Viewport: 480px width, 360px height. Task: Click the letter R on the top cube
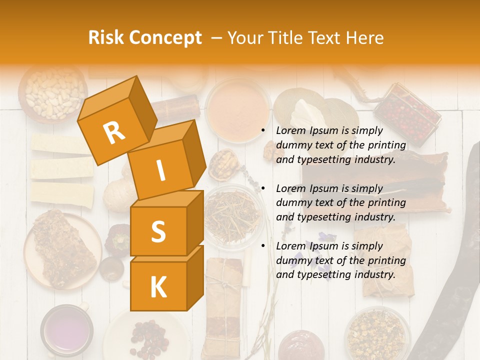[114, 133]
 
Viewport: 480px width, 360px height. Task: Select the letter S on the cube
[158, 232]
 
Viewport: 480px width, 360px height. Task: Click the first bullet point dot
[263, 131]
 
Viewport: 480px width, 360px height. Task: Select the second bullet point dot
[263, 189]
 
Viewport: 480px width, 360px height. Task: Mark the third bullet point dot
[263, 246]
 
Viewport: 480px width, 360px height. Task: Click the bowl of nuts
[53, 93]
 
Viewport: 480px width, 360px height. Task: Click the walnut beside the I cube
[223, 164]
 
